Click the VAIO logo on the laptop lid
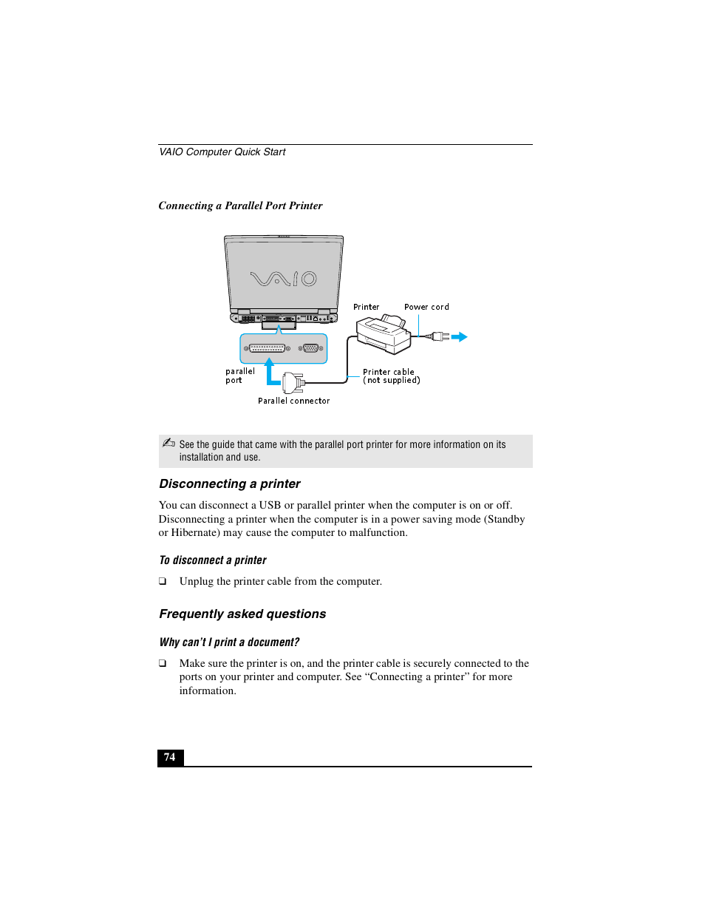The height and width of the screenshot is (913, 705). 284,279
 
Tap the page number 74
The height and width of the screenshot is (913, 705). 170,757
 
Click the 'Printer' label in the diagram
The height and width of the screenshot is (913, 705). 366,307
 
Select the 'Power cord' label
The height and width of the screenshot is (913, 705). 426,307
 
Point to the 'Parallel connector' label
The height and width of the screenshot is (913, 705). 293,401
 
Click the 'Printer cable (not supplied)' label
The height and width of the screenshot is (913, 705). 391,376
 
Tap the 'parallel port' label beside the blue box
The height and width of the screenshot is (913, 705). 239,376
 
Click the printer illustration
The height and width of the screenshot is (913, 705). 383,335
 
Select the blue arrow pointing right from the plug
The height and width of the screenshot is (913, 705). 460,337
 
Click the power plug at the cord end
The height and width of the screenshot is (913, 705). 440,337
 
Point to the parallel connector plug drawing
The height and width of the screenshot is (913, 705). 293,382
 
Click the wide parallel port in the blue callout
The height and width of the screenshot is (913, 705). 267,348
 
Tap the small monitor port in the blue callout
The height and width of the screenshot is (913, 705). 310,348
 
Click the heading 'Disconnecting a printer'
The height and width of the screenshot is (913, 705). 230,483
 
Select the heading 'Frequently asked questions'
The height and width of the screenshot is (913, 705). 242,614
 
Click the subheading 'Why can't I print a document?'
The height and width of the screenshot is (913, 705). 229,642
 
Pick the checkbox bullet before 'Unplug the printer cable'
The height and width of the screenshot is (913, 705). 163,582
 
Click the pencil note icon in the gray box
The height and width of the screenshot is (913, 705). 168,444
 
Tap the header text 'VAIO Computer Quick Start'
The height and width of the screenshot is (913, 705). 222,152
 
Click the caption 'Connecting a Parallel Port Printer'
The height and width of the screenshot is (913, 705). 240,206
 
